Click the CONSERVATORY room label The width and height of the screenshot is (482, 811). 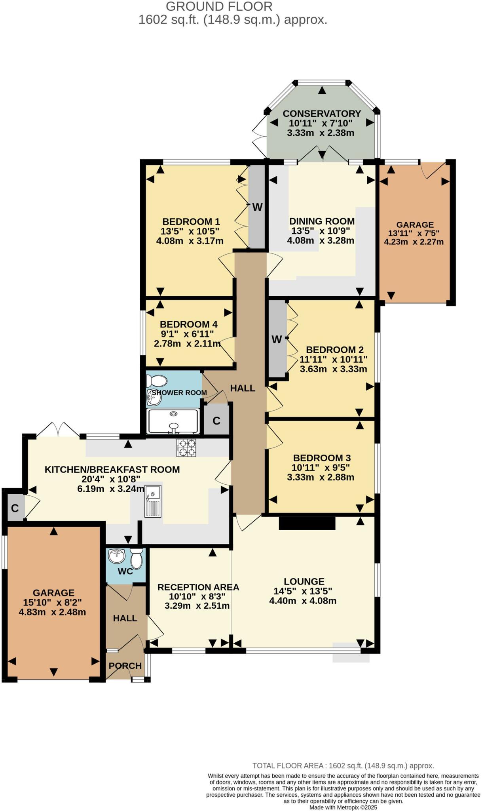coord(322,114)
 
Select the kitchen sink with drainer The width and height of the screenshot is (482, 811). coord(153,501)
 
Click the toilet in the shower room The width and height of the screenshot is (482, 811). coord(156,381)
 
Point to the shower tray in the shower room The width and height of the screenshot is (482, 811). coord(173,421)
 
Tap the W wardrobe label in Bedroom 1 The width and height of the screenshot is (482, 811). coord(257,207)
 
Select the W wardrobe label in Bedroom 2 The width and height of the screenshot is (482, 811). coord(277,339)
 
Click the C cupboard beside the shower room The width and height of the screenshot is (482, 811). coord(216,421)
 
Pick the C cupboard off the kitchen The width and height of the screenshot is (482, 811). coord(15,508)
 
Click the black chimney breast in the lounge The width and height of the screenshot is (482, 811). coord(307,523)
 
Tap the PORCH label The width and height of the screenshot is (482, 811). coord(125,666)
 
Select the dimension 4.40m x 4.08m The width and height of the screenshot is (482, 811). coord(303,601)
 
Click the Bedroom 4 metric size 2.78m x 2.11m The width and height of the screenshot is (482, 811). coord(187,343)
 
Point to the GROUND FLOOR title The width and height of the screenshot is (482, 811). coord(219,6)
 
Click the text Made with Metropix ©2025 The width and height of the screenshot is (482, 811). coord(343,807)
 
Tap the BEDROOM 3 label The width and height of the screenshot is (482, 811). coord(322,458)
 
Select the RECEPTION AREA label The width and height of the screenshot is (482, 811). coord(198,587)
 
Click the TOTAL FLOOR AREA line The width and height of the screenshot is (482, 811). coord(343,765)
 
